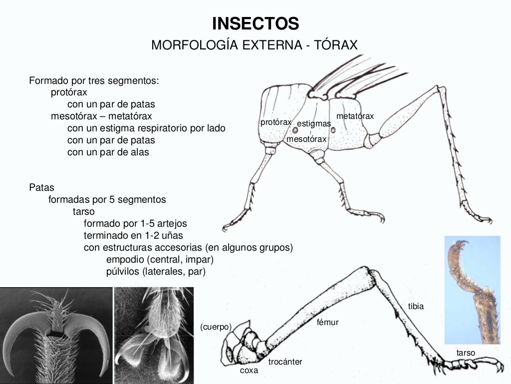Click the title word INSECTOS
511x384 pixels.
[255, 23]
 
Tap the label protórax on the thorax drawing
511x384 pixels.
[275, 122]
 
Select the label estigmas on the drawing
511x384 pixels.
[313, 123]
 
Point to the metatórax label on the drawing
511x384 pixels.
[355, 116]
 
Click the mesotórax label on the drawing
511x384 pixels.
[306, 139]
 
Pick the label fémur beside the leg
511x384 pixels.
[327, 323]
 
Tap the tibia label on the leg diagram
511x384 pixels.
[416, 307]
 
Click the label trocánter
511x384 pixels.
[285, 362]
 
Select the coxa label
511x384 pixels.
[249, 371]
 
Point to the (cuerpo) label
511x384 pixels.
[216, 327]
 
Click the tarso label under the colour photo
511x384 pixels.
[466, 353]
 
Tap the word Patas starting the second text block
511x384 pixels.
[42, 188]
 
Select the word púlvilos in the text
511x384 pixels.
[123, 272]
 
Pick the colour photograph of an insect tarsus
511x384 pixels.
[472, 290]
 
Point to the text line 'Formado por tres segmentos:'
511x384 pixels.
[94, 80]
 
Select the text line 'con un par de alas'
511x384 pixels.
[108, 152]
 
